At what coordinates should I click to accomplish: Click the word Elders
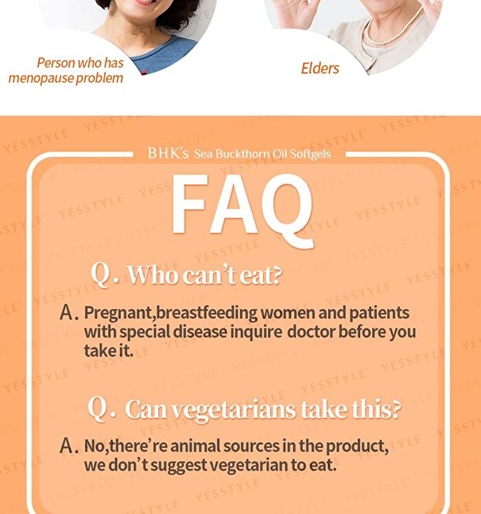coord(320,68)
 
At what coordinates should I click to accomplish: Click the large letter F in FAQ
coord(190,203)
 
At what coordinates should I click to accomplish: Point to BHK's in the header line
coord(168,153)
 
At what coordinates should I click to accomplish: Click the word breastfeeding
coord(208,313)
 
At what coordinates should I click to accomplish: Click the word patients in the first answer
coord(379,313)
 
